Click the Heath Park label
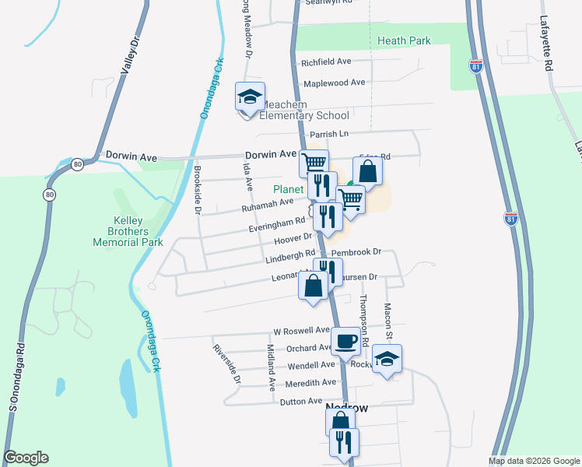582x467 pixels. pyautogui.click(x=403, y=40)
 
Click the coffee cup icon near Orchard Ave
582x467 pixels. pyautogui.click(x=345, y=339)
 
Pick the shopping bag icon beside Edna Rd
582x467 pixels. pyautogui.click(x=368, y=171)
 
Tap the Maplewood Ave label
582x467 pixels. pyautogui.click(x=334, y=83)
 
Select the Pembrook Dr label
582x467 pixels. pyautogui.click(x=356, y=252)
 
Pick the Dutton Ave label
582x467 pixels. pyautogui.click(x=300, y=401)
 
